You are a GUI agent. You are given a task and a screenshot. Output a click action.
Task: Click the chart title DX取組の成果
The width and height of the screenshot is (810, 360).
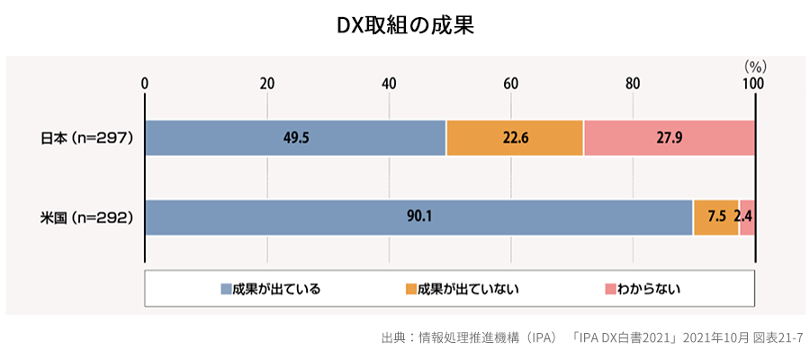coord(404,25)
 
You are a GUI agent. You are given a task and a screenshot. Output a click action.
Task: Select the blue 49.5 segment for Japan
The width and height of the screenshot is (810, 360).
coord(294,138)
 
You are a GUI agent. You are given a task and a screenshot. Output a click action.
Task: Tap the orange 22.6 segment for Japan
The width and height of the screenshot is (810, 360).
coord(514,138)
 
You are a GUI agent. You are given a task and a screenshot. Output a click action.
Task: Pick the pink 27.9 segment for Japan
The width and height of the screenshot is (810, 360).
coord(669,138)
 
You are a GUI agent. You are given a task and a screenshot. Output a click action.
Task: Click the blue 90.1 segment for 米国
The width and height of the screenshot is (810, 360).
coord(418,217)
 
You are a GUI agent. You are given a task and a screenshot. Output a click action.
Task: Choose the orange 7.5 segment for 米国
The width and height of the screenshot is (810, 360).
coord(715,217)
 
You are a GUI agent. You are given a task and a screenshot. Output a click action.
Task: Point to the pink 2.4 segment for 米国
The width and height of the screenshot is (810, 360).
coord(747,217)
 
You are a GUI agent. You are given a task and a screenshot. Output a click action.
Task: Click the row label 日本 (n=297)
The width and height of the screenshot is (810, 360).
coord(87,138)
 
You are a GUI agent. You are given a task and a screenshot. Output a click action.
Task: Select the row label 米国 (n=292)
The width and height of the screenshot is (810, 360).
coord(87,217)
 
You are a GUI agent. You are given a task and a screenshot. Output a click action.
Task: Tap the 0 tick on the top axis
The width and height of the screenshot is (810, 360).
coord(145,84)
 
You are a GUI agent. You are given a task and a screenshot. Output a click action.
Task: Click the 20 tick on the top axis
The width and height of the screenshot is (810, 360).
coord(267,84)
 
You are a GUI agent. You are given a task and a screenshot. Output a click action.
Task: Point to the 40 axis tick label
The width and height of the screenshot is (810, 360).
coord(389,84)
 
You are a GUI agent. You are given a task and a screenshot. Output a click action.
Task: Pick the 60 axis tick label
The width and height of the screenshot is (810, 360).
coord(510,84)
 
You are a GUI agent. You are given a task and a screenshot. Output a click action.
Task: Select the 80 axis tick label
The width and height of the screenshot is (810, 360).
coord(633,84)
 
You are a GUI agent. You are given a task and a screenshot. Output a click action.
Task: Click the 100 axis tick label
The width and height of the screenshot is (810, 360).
coord(753,84)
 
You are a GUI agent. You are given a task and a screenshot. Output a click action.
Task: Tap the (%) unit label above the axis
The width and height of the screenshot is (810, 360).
coord(754,66)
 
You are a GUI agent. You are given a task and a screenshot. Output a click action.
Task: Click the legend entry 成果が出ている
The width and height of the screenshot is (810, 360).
coord(270,289)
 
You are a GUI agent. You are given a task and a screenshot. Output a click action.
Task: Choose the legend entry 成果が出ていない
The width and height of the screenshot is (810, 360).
coord(463,289)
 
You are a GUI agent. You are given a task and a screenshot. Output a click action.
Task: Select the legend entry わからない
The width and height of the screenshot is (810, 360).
coord(643,289)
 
